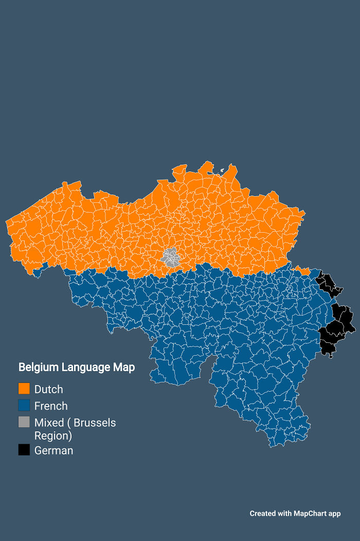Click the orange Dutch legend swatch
(24, 389)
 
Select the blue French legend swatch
(24, 405)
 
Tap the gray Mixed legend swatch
(24, 422)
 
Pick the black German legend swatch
(24, 450)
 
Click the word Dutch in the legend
(48, 389)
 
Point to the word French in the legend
(51, 406)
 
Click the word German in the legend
(53, 450)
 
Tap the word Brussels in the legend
(95, 423)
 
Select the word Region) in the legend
(53, 435)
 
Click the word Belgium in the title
(39, 367)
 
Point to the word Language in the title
(87, 367)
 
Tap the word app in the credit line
(335, 513)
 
